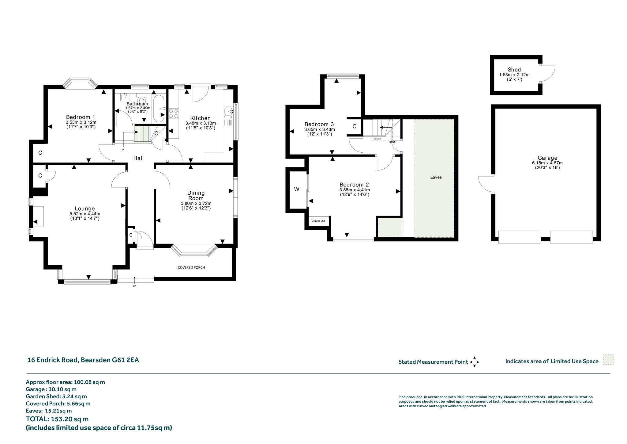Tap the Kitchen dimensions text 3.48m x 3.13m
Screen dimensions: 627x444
click(201, 123)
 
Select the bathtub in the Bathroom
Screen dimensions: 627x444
click(159, 108)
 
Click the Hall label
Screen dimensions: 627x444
click(138, 158)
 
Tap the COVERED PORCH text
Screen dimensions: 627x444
click(191, 267)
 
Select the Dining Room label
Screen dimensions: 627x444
click(196, 195)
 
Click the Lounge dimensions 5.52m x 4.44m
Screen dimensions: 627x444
click(85, 214)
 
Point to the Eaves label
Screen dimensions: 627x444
click(436, 177)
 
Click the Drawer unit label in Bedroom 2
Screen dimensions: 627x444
click(318, 221)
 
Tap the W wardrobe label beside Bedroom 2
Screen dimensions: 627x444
click(296, 189)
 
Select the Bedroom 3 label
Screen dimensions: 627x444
click(319, 124)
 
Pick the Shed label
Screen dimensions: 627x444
click(514, 70)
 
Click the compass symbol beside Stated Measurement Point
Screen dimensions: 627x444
click(474, 362)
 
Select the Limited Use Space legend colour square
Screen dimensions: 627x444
click(608, 360)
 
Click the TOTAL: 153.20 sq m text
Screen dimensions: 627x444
click(57, 419)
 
